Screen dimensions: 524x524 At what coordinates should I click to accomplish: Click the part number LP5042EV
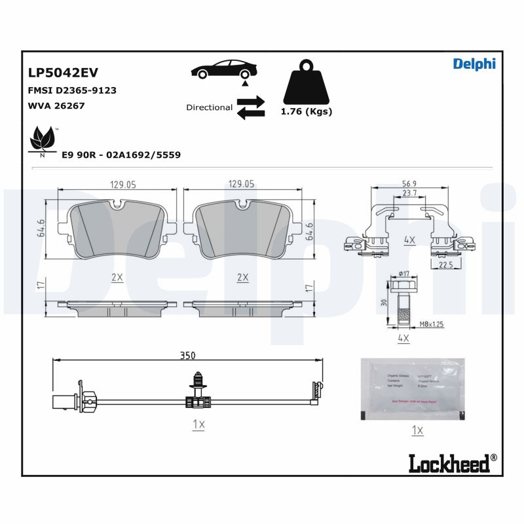pyautogui.click(x=63, y=73)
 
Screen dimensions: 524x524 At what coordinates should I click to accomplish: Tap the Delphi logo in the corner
pyautogui.click(x=474, y=64)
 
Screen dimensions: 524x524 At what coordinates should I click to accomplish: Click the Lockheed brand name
pyautogui.click(x=449, y=463)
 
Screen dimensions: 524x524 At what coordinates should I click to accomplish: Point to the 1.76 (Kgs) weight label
pyautogui.click(x=306, y=111)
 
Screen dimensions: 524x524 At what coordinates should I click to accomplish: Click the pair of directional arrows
pyautogui.click(x=251, y=107)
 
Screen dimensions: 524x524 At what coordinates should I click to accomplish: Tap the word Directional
pyautogui.click(x=209, y=107)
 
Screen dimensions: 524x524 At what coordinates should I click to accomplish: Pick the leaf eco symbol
pyautogui.click(x=43, y=140)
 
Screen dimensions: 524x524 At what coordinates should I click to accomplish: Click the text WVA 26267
pyautogui.click(x=56, y=105)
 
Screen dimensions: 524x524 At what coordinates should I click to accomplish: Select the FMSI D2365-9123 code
pyautogui.click(x=72, y=90)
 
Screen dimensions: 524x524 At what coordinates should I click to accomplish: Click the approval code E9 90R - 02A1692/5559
pyautogui.click(x=121, y=155)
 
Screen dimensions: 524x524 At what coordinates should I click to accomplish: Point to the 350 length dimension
pyautogui.click(x=187, y=355)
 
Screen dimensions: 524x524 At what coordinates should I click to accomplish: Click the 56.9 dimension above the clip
pyautogui.click(x=410, y=184)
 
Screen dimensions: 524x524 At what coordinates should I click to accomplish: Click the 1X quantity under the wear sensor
pyautogui.click(x=199, y=424)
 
